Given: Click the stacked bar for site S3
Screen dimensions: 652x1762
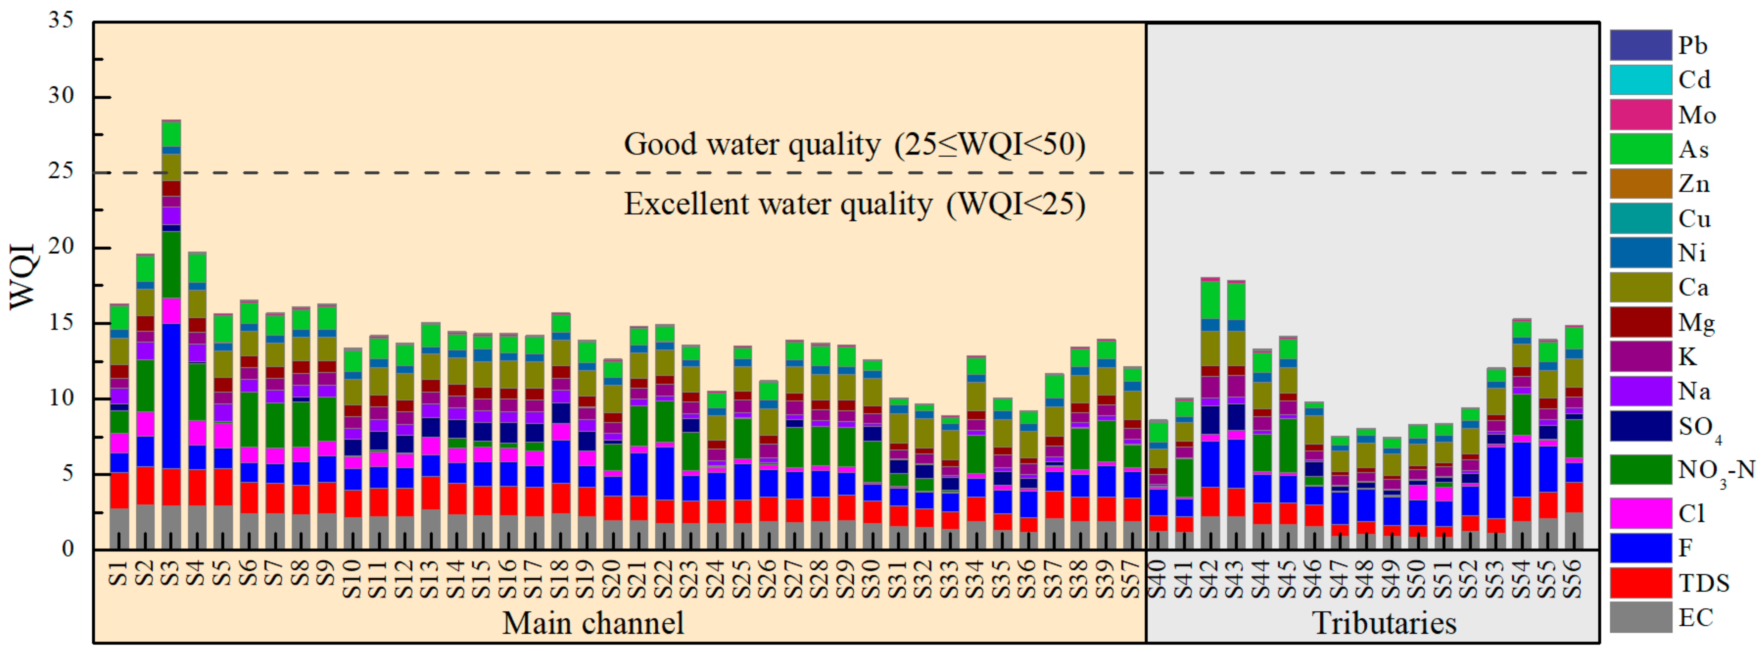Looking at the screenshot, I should tap(171, 335).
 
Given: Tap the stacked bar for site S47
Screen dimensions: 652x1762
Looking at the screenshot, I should tap(1340, 493).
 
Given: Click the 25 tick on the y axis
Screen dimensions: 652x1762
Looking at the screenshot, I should tap(62, 171).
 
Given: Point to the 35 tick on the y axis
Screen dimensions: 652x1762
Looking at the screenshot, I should tap(62, 20).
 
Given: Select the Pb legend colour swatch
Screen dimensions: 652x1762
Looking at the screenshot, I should tap(1640, 45).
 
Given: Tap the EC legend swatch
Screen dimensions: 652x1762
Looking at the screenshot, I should tap(1640, 617).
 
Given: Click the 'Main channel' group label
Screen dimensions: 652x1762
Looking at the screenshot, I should tap(593, 622).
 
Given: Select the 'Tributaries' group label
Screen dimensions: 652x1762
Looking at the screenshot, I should tap(1384, 622).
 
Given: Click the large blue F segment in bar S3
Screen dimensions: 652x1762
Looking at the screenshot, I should tap(171, 397).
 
